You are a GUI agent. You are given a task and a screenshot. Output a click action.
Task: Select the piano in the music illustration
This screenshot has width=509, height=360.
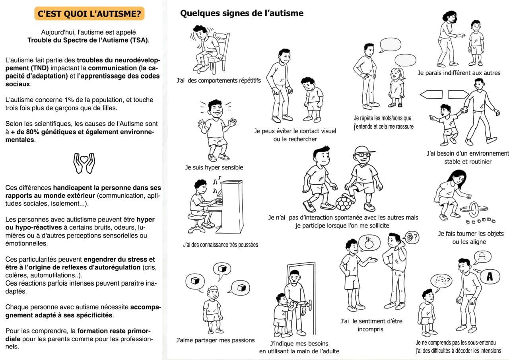click(x=231, y=207)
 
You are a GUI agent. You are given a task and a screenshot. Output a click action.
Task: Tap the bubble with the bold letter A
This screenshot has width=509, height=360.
click(x=490, y=277)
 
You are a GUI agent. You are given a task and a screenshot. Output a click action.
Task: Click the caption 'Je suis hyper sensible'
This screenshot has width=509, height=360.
click(x=214, y=167)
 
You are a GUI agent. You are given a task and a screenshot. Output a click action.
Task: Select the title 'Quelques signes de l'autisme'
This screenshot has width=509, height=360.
click(x=242, y=13)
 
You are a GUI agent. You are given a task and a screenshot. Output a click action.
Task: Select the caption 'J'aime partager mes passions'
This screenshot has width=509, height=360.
click(x=215, y=340)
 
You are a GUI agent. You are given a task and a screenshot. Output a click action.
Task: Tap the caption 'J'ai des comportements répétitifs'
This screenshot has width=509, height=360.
click(x=219, y=80)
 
